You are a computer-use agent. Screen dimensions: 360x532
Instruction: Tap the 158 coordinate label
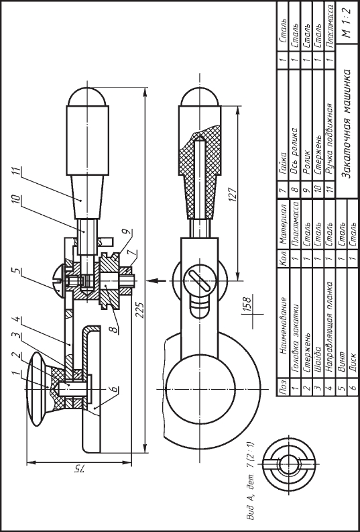point(247,303)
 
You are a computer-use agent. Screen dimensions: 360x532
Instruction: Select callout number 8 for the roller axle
point(115,329)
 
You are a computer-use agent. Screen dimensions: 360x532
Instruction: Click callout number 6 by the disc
point(115,388)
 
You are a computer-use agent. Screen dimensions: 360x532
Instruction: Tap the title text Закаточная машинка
point(347,123)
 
